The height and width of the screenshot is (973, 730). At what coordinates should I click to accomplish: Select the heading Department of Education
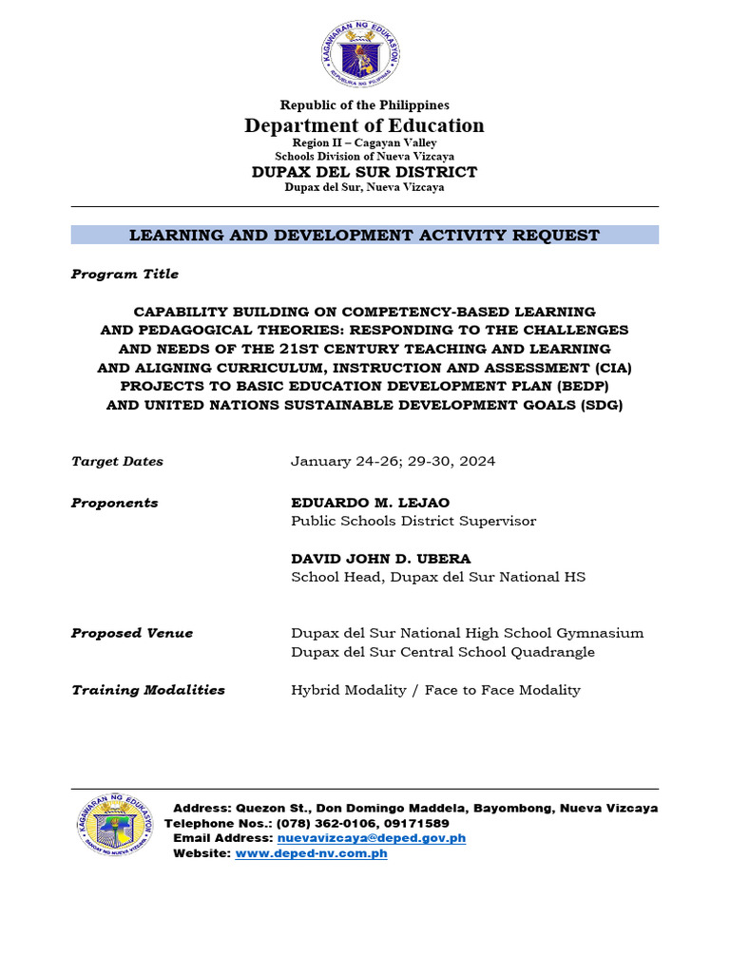(364, 125)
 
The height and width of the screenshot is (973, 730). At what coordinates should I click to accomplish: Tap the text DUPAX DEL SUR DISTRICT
(364, 172)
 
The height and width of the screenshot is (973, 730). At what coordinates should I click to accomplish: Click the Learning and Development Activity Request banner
(364, 235)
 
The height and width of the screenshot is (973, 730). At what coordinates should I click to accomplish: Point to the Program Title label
(125, 274)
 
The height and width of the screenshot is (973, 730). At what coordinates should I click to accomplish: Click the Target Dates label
(117, 462)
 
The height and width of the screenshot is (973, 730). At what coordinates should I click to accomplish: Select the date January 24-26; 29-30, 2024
(393, 462)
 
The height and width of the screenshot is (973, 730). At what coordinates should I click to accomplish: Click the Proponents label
(114, 503)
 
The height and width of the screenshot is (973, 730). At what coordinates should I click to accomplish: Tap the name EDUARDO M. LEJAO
(370, 503)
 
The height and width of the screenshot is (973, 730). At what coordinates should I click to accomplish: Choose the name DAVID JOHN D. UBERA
(382, 559)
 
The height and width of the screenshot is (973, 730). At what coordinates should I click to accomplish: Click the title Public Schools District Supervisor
(413, 521)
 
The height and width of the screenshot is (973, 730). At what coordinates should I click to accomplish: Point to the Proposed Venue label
(131, 633)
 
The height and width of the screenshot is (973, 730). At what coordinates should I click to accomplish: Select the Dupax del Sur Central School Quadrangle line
(442, 652)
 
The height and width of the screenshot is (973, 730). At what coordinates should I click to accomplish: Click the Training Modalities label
(147, 690)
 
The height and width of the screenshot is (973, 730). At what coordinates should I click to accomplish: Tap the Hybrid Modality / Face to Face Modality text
(435, 690)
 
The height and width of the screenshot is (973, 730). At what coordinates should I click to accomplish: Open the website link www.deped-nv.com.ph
(311, 853)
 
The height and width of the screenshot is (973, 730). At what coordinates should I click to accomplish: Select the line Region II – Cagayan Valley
(364, 143)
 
